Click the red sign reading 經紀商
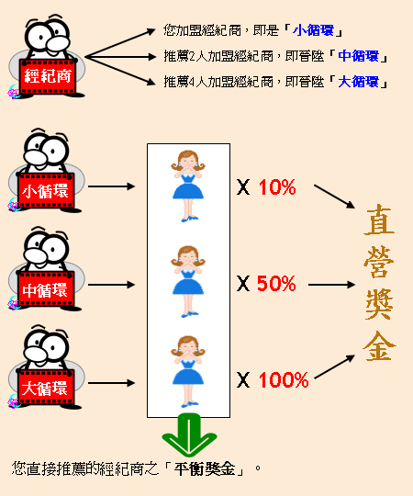click(x=48, y=76)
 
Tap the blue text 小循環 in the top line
click(x=314, y=30)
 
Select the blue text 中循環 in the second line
click(x=358, y=56)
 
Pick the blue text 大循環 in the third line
click(x=358, y=82)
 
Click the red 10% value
click(x=277, y=187)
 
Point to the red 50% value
click(x=276, y=283)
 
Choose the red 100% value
click(x=284, y=379)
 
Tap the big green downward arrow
click(x=189, y=434)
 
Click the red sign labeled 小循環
click(x=46, y=191)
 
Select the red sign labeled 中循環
click(x=46, y=289)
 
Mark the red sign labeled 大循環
click(x=46, y=388)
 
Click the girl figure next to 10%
click(x=188, y=186)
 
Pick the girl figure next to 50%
click(x=188, y=281)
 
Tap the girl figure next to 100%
click(x=188, y=371)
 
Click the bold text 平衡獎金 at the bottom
click(x=205, y=468)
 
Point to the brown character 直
click(x=379, y=220)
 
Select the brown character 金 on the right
click(x=379, y=345)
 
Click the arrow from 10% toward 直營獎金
click(x=334, y=197)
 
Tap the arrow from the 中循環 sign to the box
click(x=111, y=285)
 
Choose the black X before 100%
click(x=243, y=380)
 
